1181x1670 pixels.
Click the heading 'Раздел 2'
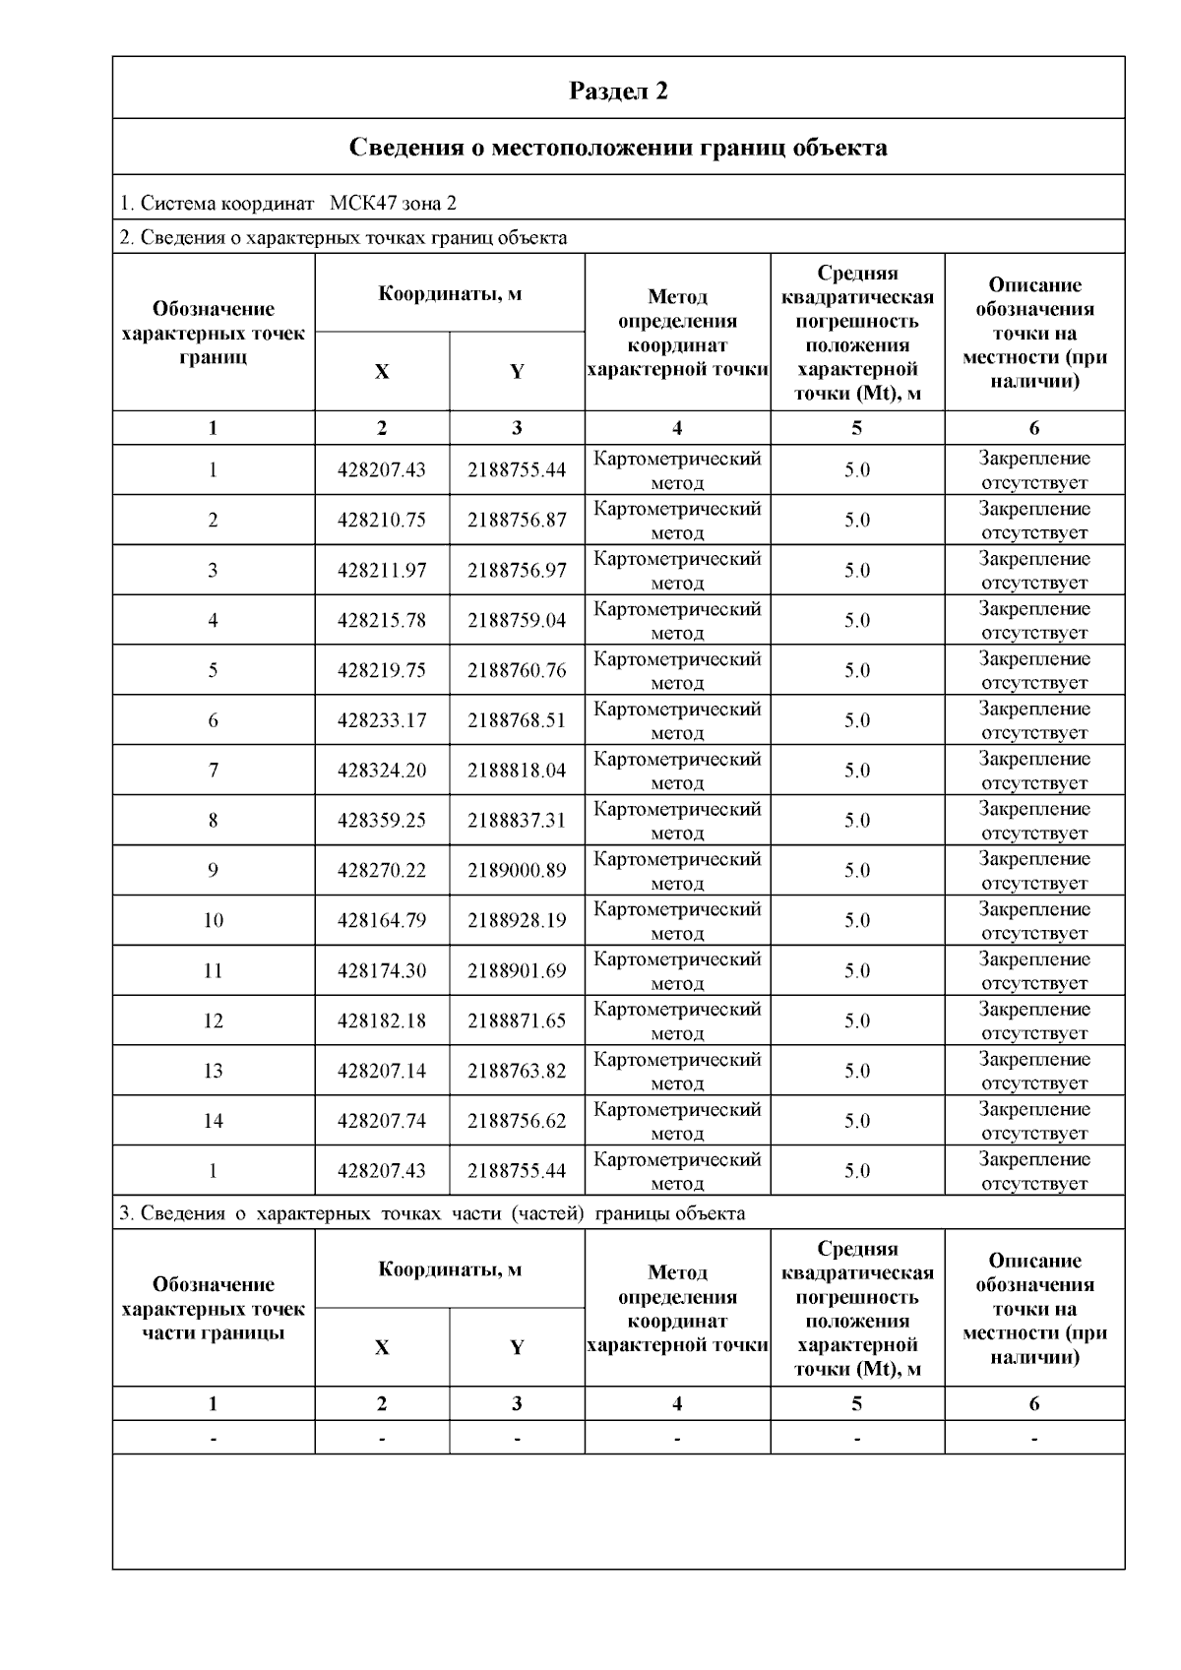coord(618,92)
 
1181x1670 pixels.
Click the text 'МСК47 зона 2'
coord(393,204)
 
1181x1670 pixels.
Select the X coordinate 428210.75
coord(382,521)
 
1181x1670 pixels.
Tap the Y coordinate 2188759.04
coord(517,621)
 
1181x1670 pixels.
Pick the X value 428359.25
coord(382,821)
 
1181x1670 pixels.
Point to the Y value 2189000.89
coord(517,871)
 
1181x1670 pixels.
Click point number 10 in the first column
coord(214,921)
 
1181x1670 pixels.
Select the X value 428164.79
coord(382,921)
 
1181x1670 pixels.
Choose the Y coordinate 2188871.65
coord(517,1021)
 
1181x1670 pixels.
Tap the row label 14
coord(214,1121)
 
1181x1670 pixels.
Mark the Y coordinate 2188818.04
coord(517,771)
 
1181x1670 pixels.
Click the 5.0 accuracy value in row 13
coord(857,1072)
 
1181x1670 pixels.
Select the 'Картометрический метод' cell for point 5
coord(677,670)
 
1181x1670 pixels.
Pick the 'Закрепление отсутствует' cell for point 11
coord(1034,970)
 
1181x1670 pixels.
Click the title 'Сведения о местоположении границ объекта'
coord(618,148)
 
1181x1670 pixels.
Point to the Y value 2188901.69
coord(517,971)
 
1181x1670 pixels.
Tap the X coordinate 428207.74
coord(382,1121)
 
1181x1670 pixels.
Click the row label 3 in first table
coord(214,571)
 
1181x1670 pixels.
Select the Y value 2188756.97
coord(517,571)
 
